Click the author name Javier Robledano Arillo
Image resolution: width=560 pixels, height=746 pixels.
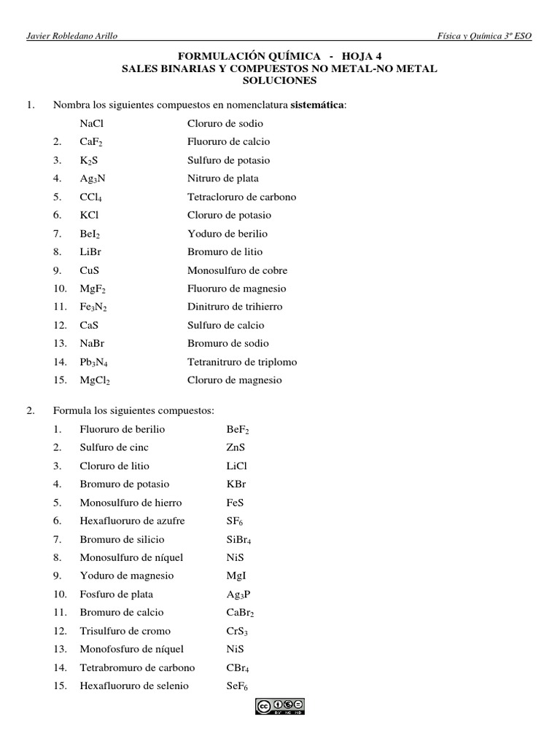point(70,36)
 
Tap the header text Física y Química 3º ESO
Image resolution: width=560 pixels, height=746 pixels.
point(483,36)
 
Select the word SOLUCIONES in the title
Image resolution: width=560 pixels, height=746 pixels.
point(279,79)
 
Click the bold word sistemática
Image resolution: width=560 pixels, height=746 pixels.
point(318,105)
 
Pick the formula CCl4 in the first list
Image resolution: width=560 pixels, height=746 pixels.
point(93,197)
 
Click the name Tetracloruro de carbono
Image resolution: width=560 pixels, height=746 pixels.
point(241,197)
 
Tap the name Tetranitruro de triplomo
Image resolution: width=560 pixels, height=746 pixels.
point(242,362)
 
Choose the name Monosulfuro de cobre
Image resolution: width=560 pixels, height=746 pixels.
point(234,270)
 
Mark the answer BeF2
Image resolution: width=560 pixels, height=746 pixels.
point(238,430)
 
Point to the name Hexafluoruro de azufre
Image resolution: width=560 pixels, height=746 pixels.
point(132,521)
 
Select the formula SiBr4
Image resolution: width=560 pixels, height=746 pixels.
point(239,540)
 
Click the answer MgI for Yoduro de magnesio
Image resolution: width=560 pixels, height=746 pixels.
point(236,576)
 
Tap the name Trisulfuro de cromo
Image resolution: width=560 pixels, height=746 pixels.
point(125,631)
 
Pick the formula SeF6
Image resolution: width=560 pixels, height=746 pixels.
point(238,686)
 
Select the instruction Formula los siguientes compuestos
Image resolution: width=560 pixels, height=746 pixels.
point(133,411)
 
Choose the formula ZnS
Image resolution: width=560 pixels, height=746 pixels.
point(236,447)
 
